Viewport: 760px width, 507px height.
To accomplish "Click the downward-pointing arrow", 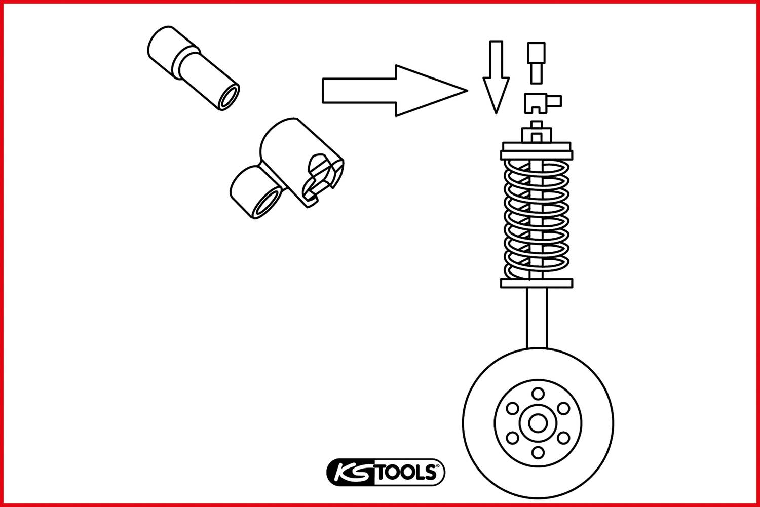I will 496,76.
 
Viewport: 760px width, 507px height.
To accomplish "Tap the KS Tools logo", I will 386,472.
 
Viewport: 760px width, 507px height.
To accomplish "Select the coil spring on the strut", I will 537,218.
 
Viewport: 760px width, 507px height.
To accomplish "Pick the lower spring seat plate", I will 537,283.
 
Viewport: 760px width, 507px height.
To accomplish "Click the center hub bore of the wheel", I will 538,423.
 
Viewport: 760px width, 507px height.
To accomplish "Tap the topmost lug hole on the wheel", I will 538,394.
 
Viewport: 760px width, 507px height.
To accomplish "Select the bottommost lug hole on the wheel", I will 538,452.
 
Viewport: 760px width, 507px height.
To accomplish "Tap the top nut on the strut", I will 536,133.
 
